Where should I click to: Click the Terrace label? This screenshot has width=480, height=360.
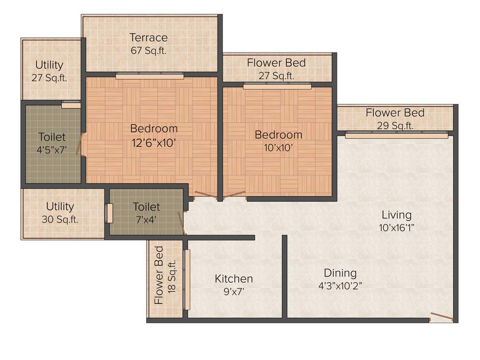[149, 37]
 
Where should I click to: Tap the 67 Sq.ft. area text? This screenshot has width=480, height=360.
[149, 50]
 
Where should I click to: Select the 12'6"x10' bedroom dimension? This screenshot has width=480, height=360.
[154, 143]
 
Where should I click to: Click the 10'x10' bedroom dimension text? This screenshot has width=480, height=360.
[278, 148]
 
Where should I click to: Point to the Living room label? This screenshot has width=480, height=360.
[396, 215]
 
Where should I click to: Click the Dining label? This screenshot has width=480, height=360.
[340, 273]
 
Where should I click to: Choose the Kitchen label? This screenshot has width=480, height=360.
[233, 279]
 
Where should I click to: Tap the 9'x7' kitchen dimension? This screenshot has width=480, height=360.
[233, 292]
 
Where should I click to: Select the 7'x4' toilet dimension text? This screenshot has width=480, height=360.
[146, 219]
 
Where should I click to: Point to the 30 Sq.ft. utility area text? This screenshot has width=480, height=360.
[60, 219]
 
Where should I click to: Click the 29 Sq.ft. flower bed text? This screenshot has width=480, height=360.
[396, 126]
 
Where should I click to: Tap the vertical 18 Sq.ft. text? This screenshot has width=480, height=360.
[172, 277]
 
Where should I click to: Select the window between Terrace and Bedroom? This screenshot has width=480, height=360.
[150, 76]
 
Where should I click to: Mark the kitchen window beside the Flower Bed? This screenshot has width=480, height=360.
[187, 280]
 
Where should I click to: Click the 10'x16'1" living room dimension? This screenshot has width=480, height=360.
[396, 228]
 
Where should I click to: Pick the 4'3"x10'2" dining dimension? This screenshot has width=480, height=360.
[340, 286]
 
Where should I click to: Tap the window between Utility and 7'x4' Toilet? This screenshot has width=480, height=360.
[109, 213]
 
